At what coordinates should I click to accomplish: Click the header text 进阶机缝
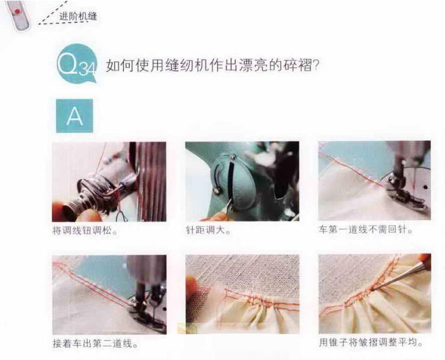(x=79, y=16)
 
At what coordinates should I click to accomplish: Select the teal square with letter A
(x=74, y=116)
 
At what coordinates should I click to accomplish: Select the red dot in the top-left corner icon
(x=18, y=11)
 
